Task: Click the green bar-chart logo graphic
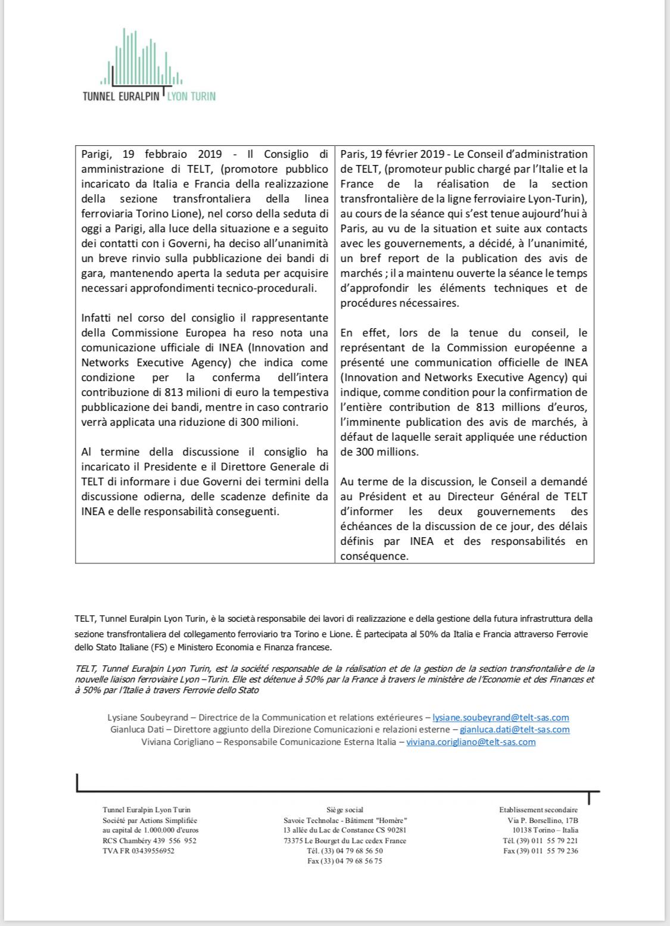pos(142,57)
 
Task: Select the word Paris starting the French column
pos(353,154)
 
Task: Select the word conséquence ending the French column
pos(374,556)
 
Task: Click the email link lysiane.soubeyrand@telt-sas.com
pos(500,718)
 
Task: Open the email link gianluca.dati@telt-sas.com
pos(515,729)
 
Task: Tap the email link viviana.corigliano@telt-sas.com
pos(470,742)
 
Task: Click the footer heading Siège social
pos(345,810)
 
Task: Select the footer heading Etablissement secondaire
pos(538,810)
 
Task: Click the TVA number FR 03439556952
pos(147,851)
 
